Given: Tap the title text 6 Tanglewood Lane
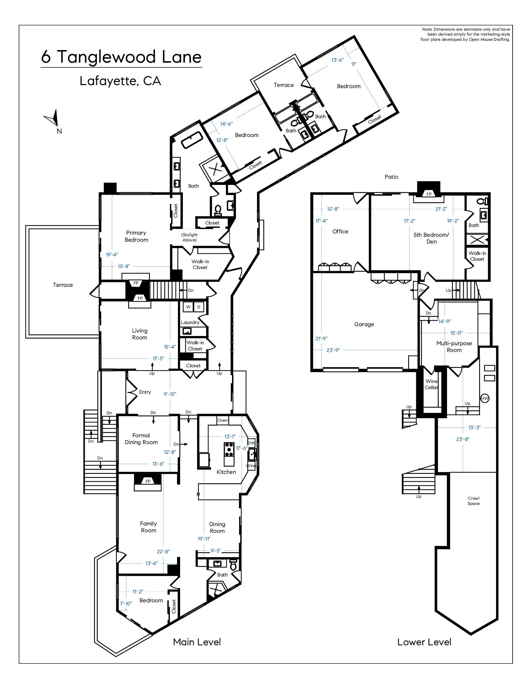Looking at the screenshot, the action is click(121, 57).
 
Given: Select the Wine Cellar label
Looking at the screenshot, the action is click(432, 384).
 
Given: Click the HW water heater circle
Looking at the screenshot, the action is click(485, 398).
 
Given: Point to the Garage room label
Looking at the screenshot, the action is click(364, 324).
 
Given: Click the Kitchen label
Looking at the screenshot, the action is click(226, 472).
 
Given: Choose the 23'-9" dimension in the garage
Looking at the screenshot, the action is click(333, 350).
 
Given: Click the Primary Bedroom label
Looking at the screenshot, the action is click(136, 236).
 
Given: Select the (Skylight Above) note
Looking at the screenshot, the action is click(189, 237).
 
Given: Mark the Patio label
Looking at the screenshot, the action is click(392, 177).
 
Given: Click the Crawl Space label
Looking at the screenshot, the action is click(474, 501).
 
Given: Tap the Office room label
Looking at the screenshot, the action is click(341, 231).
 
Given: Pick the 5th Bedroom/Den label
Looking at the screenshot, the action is click(432, 238).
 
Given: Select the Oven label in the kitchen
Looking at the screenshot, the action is click(223, 420).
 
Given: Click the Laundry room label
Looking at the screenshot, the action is click(190, 322).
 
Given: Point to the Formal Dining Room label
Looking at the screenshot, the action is click(141, 439).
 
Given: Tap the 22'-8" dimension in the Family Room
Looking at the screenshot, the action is click(163, 552).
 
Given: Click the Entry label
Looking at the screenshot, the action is click(145, 392).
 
